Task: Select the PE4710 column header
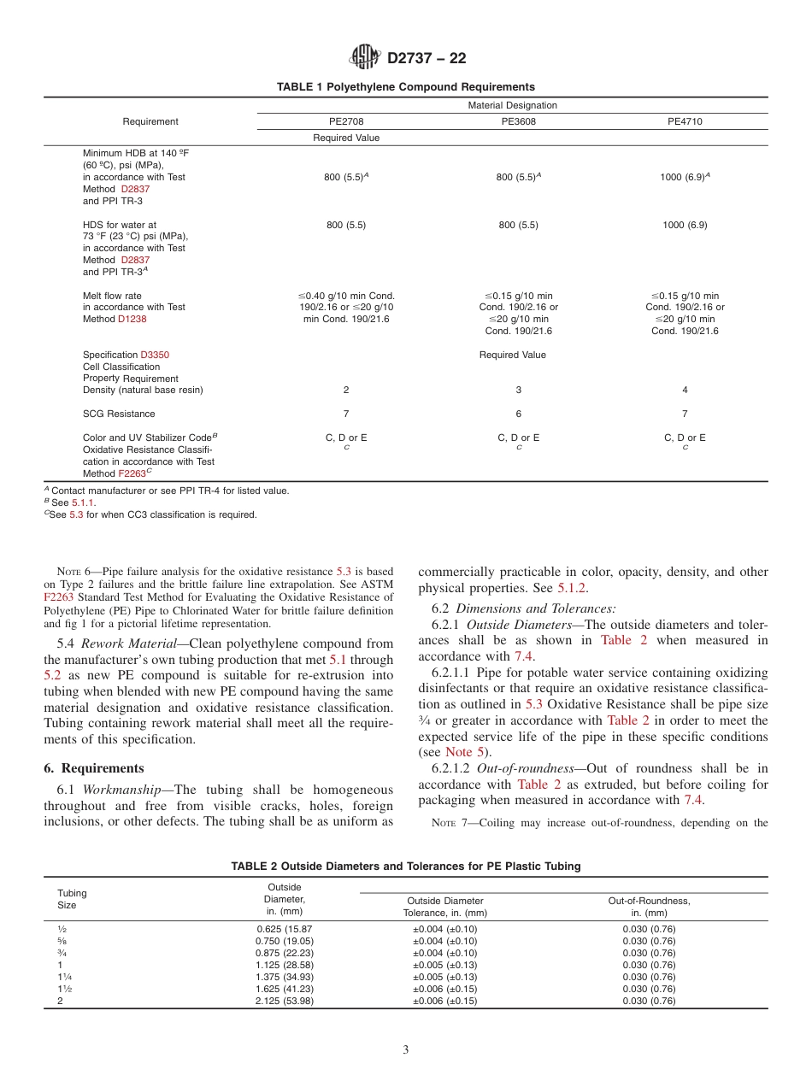coord(685,121)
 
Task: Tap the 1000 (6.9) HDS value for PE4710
coord(685,225)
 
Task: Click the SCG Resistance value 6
coord(518,414)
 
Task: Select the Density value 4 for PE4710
coord(685,390)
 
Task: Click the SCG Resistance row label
coord(119,414)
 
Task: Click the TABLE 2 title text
coord(405,866)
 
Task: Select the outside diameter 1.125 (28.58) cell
coord(284,965)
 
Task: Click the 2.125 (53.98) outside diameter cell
coord(284,1001)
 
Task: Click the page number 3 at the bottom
coord(406,1050)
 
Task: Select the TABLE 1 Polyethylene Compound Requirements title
coord(405,86)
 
